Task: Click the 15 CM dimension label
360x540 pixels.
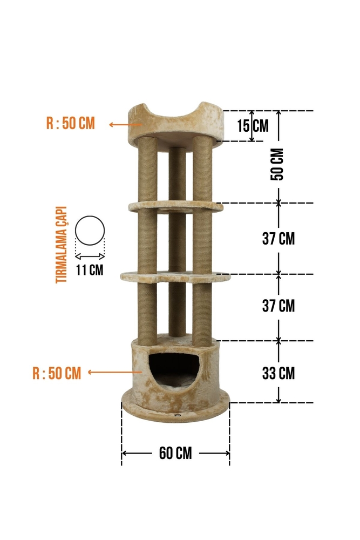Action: coord(253,126)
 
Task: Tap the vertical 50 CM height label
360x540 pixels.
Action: coord(277,164)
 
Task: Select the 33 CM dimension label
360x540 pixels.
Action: coord(279,373)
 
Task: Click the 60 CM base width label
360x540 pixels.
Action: coord(175,453)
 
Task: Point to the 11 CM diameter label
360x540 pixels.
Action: coord(90,269)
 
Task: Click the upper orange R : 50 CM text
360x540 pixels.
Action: coord(71,123)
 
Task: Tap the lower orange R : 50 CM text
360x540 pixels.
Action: coord(57,373)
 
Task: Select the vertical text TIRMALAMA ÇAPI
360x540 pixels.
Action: coord(62,245)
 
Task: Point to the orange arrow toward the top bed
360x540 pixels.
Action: coord(126,124)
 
